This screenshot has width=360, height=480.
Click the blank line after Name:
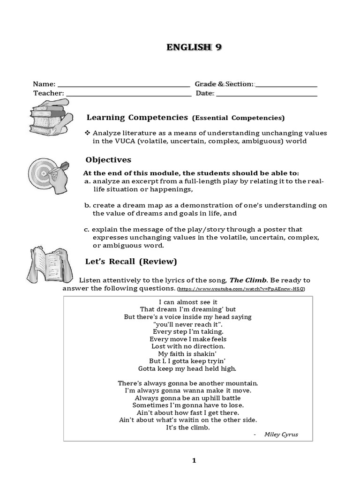click(123, 86)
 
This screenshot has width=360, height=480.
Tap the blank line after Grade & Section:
click(286, 86)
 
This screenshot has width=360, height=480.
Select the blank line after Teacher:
click(128, 95)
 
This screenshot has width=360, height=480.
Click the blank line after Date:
click(267, 95)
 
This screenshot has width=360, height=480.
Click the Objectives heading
click(108, 160)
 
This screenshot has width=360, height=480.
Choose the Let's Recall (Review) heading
click(131, 261)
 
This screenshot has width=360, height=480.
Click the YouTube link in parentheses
click(242, 289)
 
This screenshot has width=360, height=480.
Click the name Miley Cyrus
click(281, 435)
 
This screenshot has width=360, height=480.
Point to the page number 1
click(194, 461)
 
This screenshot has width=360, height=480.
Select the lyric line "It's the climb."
click(188, 427)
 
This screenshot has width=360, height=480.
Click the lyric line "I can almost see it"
click(188, 302)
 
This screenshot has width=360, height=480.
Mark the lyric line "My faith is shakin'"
click(188, 353)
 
